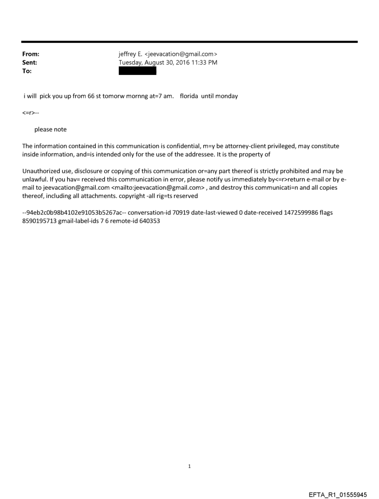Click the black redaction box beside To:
(137, 71)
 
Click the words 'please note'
(50, 129)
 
